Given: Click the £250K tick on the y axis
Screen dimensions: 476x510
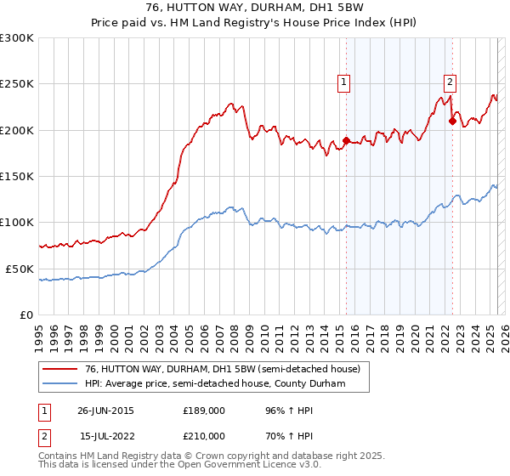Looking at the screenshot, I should pos(17,84).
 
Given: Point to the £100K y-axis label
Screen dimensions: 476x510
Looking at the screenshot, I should pos(17,222).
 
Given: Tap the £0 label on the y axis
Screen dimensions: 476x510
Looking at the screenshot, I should pos(26,314).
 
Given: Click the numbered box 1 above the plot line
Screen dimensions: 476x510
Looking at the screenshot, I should pos(344,82).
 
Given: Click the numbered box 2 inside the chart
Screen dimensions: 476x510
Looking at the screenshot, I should pos(449,82).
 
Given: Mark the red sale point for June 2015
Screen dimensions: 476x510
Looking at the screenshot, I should pos(347,140).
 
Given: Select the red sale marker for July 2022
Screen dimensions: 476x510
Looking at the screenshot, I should pos(452,122).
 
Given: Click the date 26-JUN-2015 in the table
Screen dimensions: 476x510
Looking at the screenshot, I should pos(105,410).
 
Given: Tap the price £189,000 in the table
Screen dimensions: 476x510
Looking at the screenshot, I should pos(204,410).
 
